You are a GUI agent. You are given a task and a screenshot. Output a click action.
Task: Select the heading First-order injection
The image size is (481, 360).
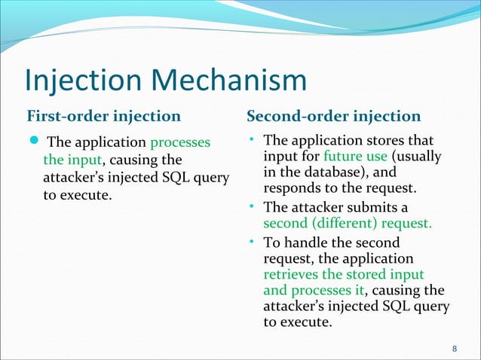tap(103, 116)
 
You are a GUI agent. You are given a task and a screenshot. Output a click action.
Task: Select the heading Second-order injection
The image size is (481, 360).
tap(333, 116)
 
